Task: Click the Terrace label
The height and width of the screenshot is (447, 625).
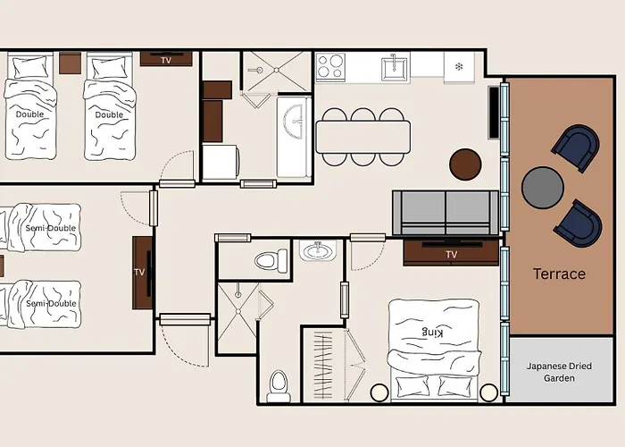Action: (559, 274)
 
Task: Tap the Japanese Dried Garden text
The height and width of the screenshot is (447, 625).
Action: (559, 372)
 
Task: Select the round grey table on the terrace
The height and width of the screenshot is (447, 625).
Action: (543, 188)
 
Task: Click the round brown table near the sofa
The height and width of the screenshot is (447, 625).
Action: (465, 164)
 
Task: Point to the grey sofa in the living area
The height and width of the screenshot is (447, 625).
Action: (446, 213)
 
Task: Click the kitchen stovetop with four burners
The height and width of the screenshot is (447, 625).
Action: (330, 66)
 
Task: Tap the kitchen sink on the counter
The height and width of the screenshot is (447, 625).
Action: (394, 69)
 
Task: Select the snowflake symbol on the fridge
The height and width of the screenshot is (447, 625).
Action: (459, 67)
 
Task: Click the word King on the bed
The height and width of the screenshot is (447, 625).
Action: (432, 332)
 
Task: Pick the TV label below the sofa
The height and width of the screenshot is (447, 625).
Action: (451, 254)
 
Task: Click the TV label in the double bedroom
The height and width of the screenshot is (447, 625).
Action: (166, 60)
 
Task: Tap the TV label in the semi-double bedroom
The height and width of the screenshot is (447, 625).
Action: (139, 272)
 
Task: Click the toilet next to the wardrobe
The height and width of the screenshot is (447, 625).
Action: (279, 386)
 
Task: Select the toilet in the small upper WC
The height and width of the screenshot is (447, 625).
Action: (271, 261)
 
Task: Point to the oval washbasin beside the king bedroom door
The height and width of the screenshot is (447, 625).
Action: (318, 251)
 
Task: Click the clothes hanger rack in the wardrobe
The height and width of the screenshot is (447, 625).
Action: (323, 366)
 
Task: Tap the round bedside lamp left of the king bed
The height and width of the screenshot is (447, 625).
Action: (379, 392)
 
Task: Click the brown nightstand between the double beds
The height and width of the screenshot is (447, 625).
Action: (71, 63)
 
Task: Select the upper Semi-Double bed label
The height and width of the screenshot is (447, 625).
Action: (51, 228)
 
